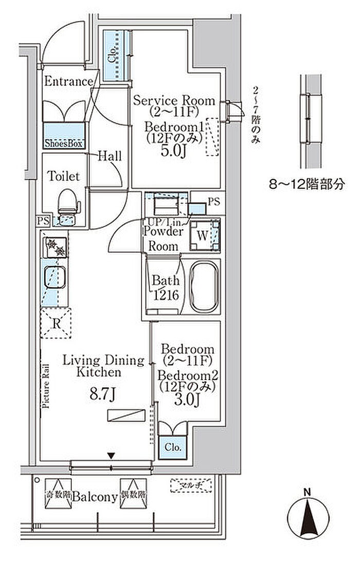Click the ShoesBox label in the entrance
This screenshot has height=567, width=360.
pyautogui.click(x=64, y=143)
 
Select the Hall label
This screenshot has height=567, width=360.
pyautogui.click(x=110, y=156)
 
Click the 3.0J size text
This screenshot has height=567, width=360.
pyautogui.click(x=186, y=399)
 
